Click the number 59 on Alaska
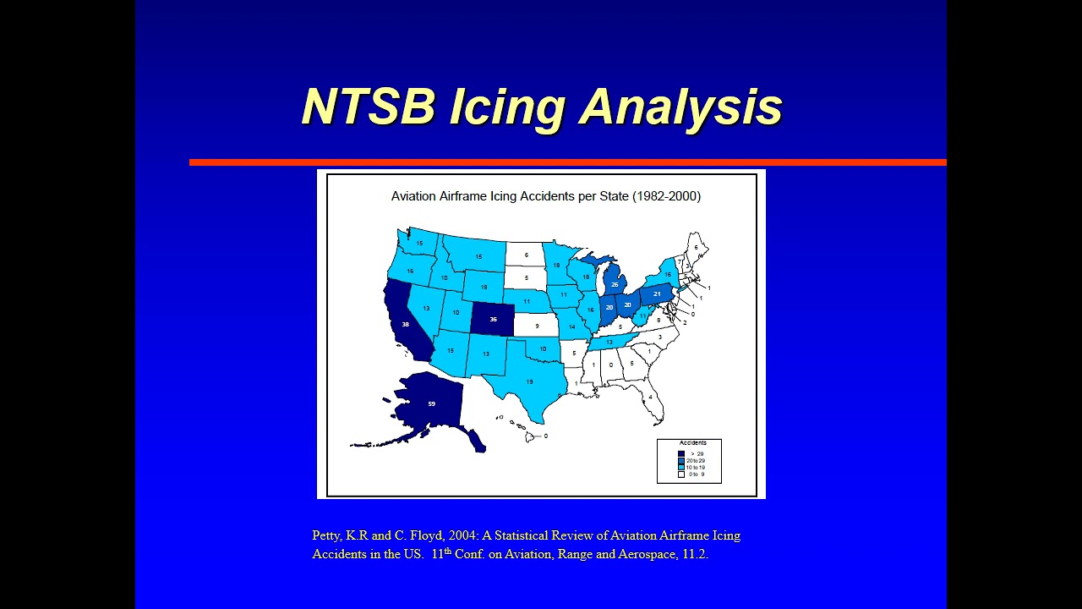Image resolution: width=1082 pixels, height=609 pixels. (x=431, y=404)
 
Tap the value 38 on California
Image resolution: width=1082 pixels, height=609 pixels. (x=406, y=325)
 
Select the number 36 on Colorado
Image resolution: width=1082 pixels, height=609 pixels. (x=494, y=320)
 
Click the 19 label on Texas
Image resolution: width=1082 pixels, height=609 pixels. (x=530, y=382)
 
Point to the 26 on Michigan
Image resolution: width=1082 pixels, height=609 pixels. (x=615, y=285)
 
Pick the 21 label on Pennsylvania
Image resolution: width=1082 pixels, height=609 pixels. (x=657, y=294)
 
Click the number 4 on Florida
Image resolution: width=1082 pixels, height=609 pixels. (x=651, y=397)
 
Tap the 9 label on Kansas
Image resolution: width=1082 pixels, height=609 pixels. (x=537, y=326)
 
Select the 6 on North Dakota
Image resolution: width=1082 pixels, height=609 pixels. (x=526, y=255)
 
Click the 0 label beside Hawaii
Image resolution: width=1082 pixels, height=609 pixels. (x=545, y=436)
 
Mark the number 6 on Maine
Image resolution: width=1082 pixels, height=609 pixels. (x=697, y=247)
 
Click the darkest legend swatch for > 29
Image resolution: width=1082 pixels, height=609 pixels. (x=681, y=454)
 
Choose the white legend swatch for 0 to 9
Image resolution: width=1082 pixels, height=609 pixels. (x=681, y=475)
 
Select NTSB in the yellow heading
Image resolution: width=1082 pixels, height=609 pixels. (x=368, y=107)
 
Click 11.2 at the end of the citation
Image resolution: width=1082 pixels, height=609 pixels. (x=694, y=555)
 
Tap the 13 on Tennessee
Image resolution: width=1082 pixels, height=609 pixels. (x=609, y=342)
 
